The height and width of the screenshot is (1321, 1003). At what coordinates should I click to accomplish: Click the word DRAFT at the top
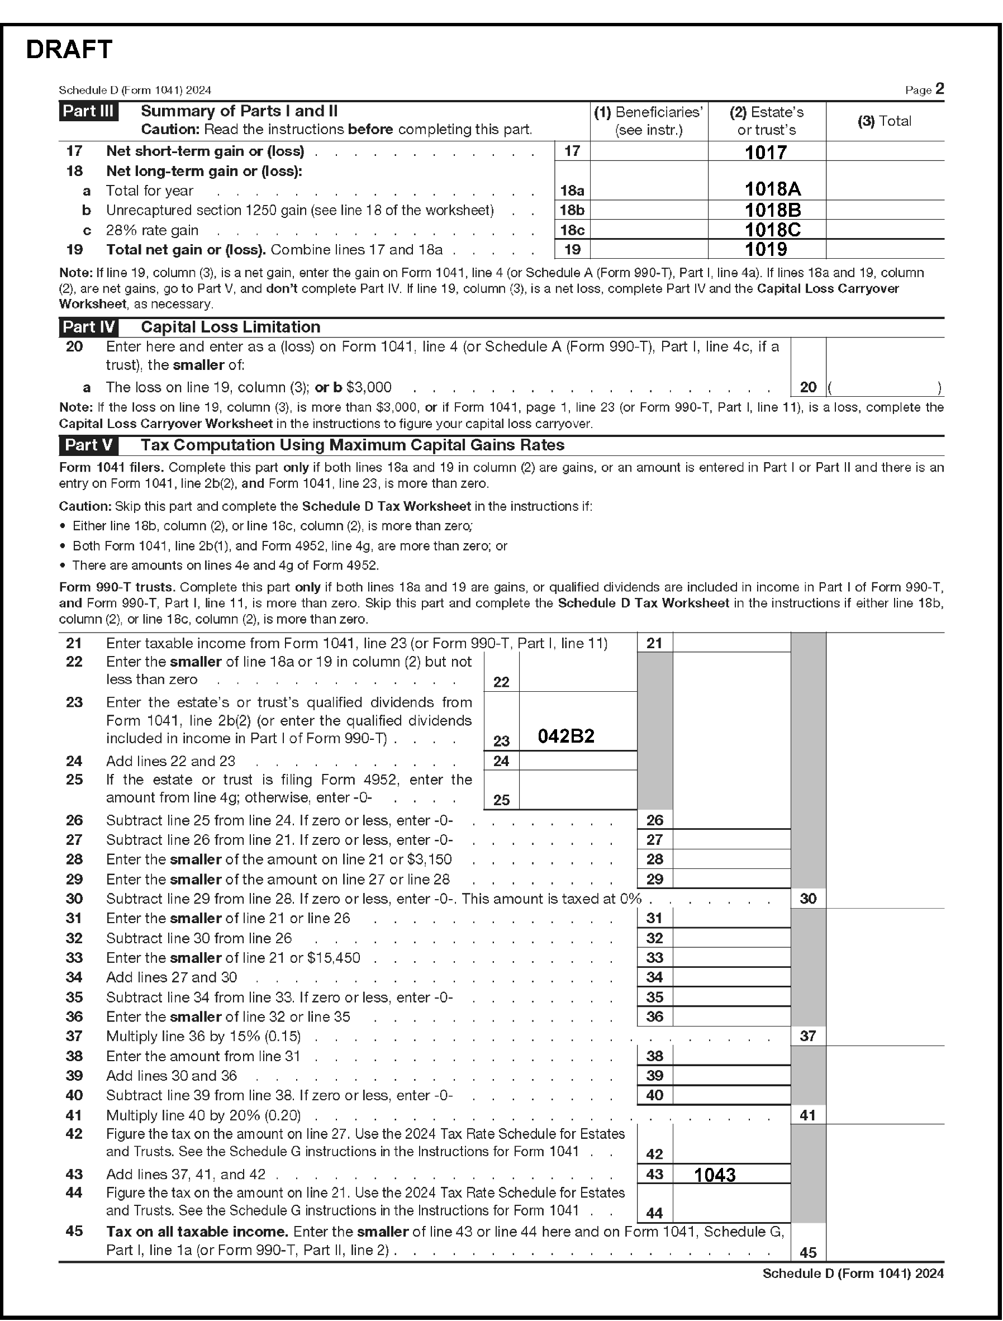click(x=69, y=50)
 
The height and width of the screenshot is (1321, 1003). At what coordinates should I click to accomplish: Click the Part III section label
click(x=88, y=111)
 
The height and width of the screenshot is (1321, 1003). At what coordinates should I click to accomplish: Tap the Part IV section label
click(x=88, y=327)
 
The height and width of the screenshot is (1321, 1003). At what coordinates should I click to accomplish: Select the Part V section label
click(x=88, y=445)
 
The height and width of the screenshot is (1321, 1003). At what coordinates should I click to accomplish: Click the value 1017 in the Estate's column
click(x=766, y=153)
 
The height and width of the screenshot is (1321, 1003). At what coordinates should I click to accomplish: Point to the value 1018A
click(x=773, y=189)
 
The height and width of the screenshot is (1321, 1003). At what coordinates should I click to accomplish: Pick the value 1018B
click(x=773, y=210)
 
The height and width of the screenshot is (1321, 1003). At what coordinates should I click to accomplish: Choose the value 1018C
click(x=773, y=230)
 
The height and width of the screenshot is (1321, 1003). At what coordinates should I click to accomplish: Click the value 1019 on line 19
click(x=766, y=250)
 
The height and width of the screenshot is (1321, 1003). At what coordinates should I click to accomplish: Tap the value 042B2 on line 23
click(x=566, y=736)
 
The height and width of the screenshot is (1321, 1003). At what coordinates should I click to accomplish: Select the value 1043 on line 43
click(x=715, y=1175)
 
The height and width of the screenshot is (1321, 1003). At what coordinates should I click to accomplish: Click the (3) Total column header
click(x=884, y=121)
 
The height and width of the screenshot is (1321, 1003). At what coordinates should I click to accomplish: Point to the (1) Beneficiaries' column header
click(x=648, y=121)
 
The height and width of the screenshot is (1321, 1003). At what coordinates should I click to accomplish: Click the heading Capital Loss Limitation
click(x=230, y=327)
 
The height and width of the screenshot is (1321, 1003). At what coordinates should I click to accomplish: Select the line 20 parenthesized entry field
click(x=885, y=388)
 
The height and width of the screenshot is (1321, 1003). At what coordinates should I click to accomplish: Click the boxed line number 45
click(x=808, y=1252)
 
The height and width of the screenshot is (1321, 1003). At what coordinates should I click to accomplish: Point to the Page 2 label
click(x=924, y=89)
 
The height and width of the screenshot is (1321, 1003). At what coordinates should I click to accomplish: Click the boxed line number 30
click(x=808, y=899)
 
